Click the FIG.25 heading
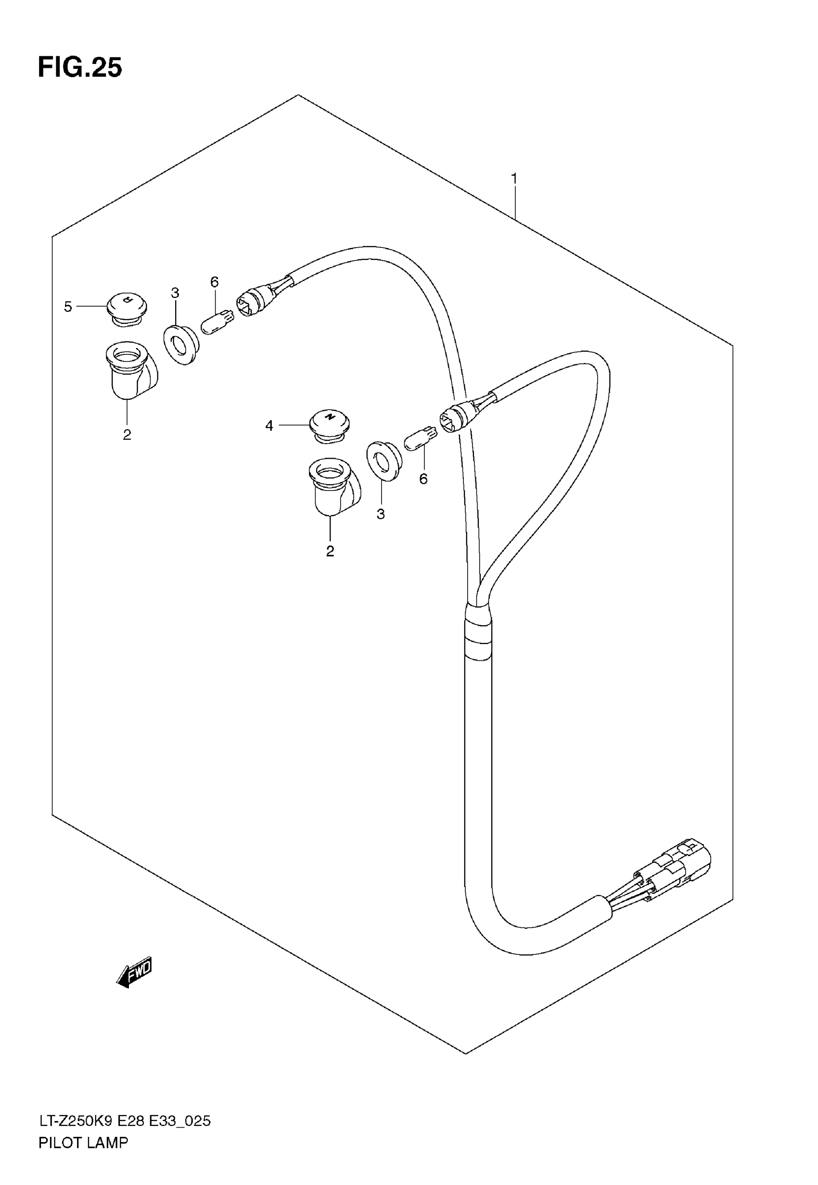coord(80,68)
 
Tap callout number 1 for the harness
coord(513,179)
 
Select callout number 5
coord(68,307)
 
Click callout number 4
coord(269,425)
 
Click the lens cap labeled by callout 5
coord(127,307)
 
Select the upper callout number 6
coord(214,282)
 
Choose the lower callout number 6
coord(423,479)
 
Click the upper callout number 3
coord(175,293)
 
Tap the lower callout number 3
coord(380,514)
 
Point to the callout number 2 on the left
coord(127,435)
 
